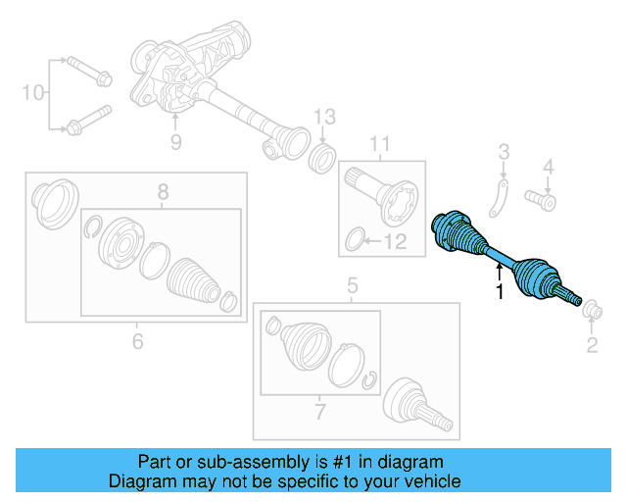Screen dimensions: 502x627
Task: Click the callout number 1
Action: coord(499,292)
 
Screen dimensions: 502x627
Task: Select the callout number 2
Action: coord(592,343)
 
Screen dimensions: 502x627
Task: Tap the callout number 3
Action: coord(504,151)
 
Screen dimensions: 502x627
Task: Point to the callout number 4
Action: coord(549,166)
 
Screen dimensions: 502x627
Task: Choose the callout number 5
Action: coord(352,287)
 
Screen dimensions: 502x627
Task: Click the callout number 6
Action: coord(137,341)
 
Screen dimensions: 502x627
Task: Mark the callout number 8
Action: coord(164,193)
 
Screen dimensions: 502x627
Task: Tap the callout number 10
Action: coord(33,93)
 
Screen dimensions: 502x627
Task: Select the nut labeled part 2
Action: coord(592,312)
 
